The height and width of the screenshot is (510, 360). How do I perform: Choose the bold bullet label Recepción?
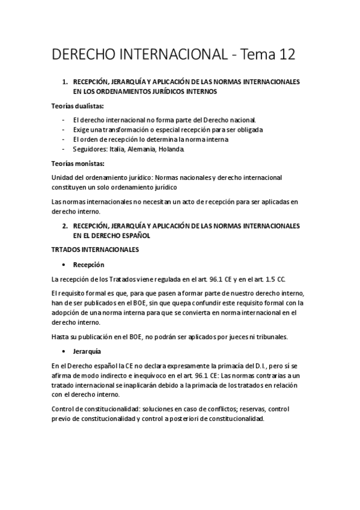89,264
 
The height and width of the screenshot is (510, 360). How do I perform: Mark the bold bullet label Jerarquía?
87,351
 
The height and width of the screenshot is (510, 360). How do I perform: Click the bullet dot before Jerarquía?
64,351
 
